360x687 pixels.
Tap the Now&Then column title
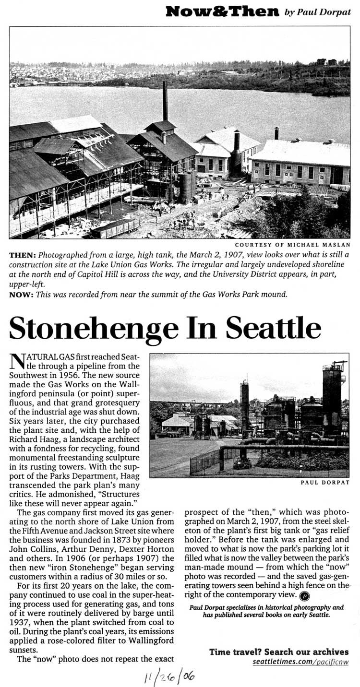coord(222,12)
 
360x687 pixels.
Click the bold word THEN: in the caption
coord(22,256)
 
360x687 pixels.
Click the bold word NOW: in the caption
coord(21,295)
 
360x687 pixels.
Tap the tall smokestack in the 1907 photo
coord(165,101)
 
